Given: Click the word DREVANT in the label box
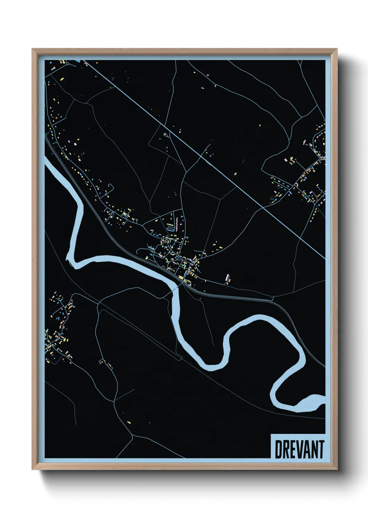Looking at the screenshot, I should point(299,449).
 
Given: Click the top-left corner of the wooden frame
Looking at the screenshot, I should point(32,49).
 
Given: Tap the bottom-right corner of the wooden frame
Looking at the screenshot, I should point(337,469).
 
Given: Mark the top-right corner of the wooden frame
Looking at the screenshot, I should point(337,49).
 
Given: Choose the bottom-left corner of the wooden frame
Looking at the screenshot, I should point(32,469).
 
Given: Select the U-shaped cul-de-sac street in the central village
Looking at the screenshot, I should point(170,229).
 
